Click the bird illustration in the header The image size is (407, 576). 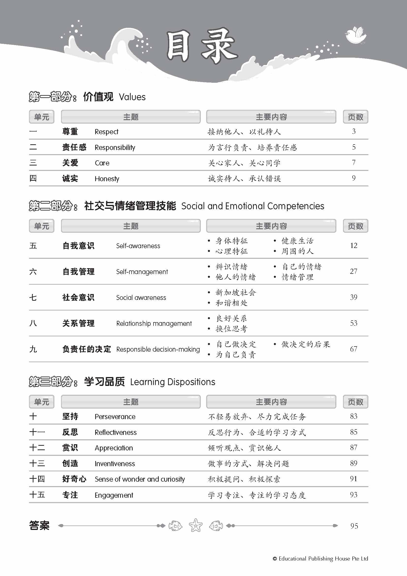(x=356, y=35)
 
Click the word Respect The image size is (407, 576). (x=106, y=132)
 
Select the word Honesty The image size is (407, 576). (x=107, y=179)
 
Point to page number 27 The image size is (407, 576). (x=353, y=271)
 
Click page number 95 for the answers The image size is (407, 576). (x=354, y=526)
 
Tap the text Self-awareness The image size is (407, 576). (x=138, y=246)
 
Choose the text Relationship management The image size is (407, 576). (x=154, y=323)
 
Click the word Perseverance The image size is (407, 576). (x=115, y=417)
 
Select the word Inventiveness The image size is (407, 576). (x=114, y=464)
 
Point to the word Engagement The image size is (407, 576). (x=114, y=495)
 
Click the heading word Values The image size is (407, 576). (x=132, y=97)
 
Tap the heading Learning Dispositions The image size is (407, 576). (x=172, y=382)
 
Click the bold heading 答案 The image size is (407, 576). (x=39, y=525)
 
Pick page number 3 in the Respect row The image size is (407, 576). (x=354, y=132)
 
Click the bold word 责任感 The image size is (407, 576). (x=74, y=147)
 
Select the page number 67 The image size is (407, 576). (x=353, y=349)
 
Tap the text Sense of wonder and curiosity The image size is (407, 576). (x=140, y=479)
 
